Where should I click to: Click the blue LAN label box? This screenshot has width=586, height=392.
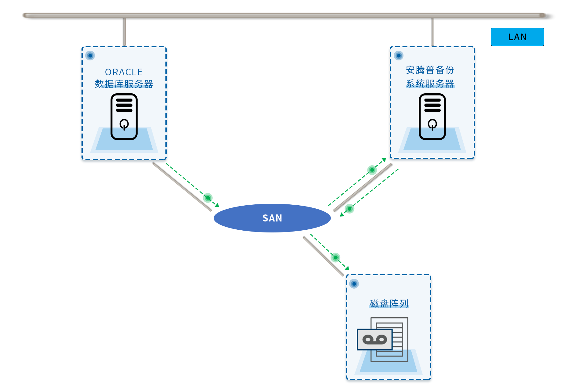(517, 37)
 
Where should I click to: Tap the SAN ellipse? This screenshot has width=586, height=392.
(272, 218)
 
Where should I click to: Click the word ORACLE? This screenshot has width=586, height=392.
(124, 72)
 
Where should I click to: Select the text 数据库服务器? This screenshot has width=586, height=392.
(124, 84)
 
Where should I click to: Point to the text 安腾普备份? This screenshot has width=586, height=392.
(430, 70)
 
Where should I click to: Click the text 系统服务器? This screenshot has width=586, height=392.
(430, 83)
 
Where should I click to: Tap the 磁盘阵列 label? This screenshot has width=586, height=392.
(389, 303)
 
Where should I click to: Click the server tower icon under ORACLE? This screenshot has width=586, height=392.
(124, 117)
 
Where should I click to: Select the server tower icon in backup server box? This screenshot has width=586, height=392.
(432, 117)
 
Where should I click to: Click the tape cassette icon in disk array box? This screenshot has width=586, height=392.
(375, 340)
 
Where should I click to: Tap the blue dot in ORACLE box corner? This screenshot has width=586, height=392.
(90, 56)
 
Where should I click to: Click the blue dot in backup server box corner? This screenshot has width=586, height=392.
(399, 56)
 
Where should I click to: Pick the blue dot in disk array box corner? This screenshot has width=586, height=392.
(354, 284)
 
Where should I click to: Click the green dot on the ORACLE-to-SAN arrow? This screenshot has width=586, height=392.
(208, 198)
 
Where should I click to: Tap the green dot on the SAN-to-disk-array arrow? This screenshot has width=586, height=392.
(336, 257)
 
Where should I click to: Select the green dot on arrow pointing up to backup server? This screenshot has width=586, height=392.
(372, 170)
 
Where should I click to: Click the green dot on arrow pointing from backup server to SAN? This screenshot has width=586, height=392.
(349, 209)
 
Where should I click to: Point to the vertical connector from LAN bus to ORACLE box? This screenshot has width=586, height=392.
(124, 32)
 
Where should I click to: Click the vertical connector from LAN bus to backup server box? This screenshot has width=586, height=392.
(432, 32)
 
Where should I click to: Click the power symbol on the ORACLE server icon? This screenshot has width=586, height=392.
(124, 124)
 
